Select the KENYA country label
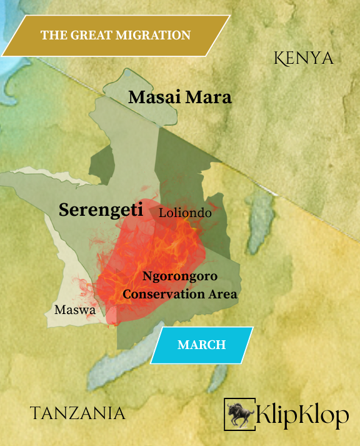tap(304, 58)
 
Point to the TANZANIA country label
tap(77, 413)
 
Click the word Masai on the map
tap(152, 98)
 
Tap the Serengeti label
tap(101, 210)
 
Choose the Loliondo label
tap(185, 213)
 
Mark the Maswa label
tap(74, 310)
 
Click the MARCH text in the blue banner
tap(201, 345)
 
